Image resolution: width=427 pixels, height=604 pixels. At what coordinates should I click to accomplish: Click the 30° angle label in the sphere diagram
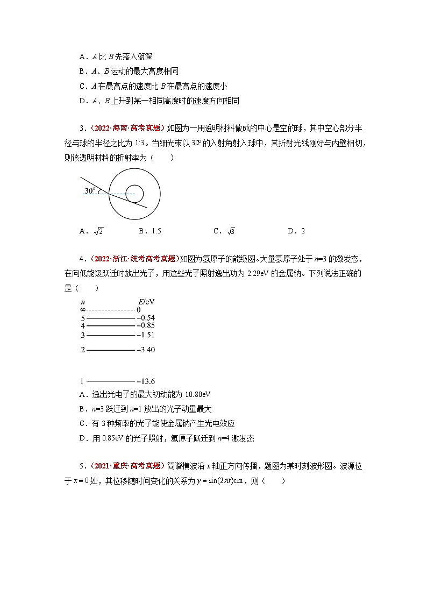point(90,190)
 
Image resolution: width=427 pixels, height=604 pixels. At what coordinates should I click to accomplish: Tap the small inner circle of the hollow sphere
point(134,193)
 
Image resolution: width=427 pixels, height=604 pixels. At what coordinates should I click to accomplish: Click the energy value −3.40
point(146,350)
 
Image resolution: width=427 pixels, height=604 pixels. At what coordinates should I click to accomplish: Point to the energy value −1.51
point(146,335)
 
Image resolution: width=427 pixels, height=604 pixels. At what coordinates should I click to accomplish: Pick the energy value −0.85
point(146,325)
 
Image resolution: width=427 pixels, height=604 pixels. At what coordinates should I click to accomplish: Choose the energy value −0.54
point(146,317)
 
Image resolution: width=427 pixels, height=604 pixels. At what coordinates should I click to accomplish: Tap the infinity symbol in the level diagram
point(82,310)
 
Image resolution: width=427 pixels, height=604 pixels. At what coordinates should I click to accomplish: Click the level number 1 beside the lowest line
point(82,381)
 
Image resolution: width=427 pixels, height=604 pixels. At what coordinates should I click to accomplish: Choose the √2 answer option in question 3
point(98,231)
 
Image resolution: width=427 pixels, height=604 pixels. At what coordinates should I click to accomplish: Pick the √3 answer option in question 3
point(231,231)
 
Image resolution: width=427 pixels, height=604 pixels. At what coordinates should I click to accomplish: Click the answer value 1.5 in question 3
point(156,231)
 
